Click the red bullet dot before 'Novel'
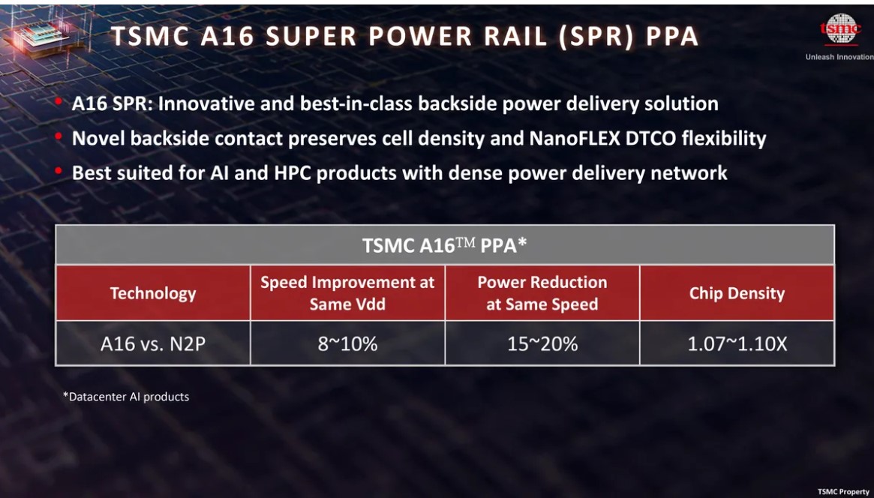tap(58, 137)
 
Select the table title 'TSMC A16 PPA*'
tap(445, 245)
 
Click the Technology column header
tap(153, 293)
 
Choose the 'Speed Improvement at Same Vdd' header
tap(347, 293)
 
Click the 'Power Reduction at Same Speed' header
tap(542, 293)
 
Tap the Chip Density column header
tap(737, 293)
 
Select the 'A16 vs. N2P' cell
tap(153, 343)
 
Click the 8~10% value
tap(347, 343)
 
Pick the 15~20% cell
tap(542, 343)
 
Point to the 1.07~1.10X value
tap(737, 343)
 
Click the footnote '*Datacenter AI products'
tap(126, 396)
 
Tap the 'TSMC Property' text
tap(843, 491)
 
